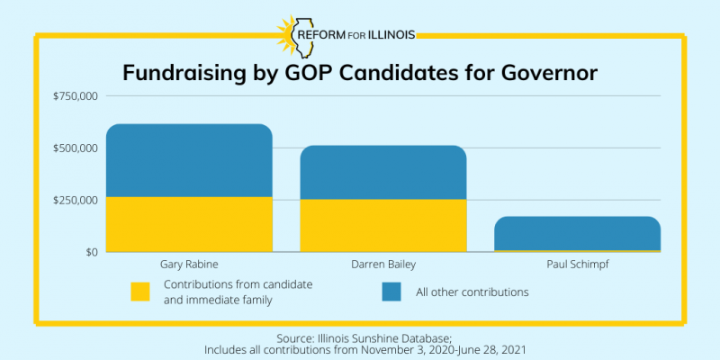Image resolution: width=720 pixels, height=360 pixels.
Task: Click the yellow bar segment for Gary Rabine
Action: pos(189,224)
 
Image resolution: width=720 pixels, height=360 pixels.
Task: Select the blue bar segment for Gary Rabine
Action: pos(189,160)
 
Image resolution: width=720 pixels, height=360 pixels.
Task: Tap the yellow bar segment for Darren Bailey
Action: pos(382,225)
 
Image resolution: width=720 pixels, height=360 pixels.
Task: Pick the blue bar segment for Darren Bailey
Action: pos(382,172)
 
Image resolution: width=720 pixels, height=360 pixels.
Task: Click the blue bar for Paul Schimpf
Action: pos(577,232)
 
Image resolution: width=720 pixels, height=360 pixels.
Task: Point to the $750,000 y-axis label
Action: pos(76,96)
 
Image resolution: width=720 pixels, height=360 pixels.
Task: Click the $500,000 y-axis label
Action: pos(76,148)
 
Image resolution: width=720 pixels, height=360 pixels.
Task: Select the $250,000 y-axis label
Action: pos(76,200)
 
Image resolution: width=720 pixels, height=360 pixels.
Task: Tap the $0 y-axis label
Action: pos(89,252)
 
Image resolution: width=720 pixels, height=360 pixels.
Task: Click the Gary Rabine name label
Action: pos(189,265)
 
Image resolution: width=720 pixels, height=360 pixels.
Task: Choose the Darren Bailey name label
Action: pos(383,265)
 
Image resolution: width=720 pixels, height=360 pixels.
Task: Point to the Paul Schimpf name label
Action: pos(577,265)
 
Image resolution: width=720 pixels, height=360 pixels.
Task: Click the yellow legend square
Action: pos(140,292)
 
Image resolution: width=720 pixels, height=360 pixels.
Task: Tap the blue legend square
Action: pos(391,292)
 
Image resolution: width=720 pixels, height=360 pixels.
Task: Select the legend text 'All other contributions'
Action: pos(472,292)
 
